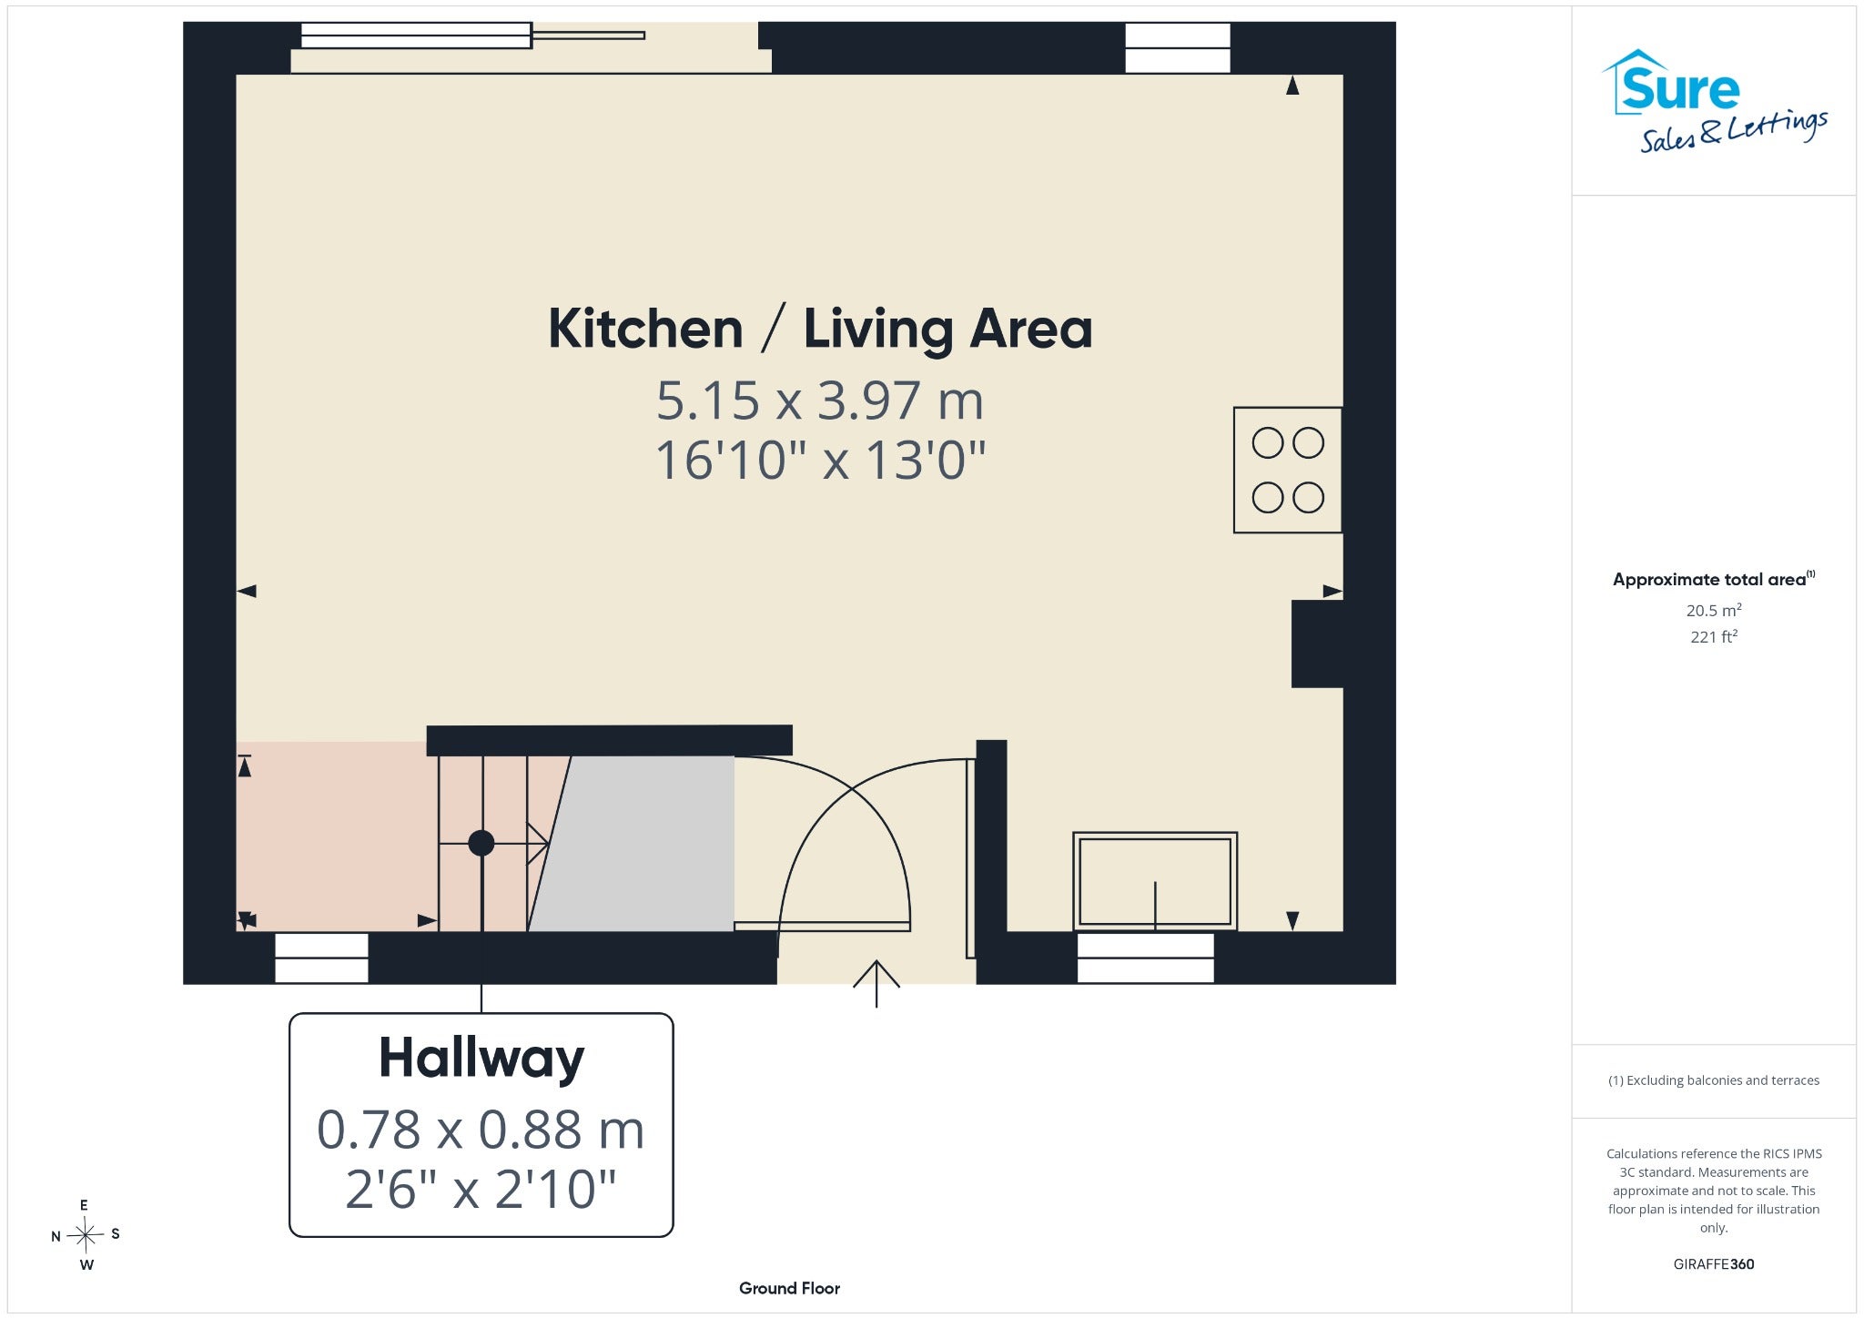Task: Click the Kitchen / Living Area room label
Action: [820, 329]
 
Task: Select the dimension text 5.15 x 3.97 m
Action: [820, 400]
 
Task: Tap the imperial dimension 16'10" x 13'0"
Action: [820, 460]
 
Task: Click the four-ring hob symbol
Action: [1288, 470]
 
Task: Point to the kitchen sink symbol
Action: [1155, 880]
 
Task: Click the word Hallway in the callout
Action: [481, 1059]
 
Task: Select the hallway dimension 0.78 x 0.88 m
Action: [481, 1130]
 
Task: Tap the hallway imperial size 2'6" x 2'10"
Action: [481, 1189]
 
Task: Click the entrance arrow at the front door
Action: [876, 984]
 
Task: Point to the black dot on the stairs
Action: [481, 844]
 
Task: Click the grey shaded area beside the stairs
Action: [637, 844]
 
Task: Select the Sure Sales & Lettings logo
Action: [1715, 101]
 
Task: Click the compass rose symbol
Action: [86, 1235]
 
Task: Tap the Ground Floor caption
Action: [789, 1288]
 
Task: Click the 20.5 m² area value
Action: [1714, 610]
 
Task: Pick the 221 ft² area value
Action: [1714, 636]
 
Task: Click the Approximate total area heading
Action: [1714, 579]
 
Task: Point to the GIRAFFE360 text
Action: [1714, 1263]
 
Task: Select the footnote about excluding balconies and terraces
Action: [1714, 1080]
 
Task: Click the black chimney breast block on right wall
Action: [1317, 644]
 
